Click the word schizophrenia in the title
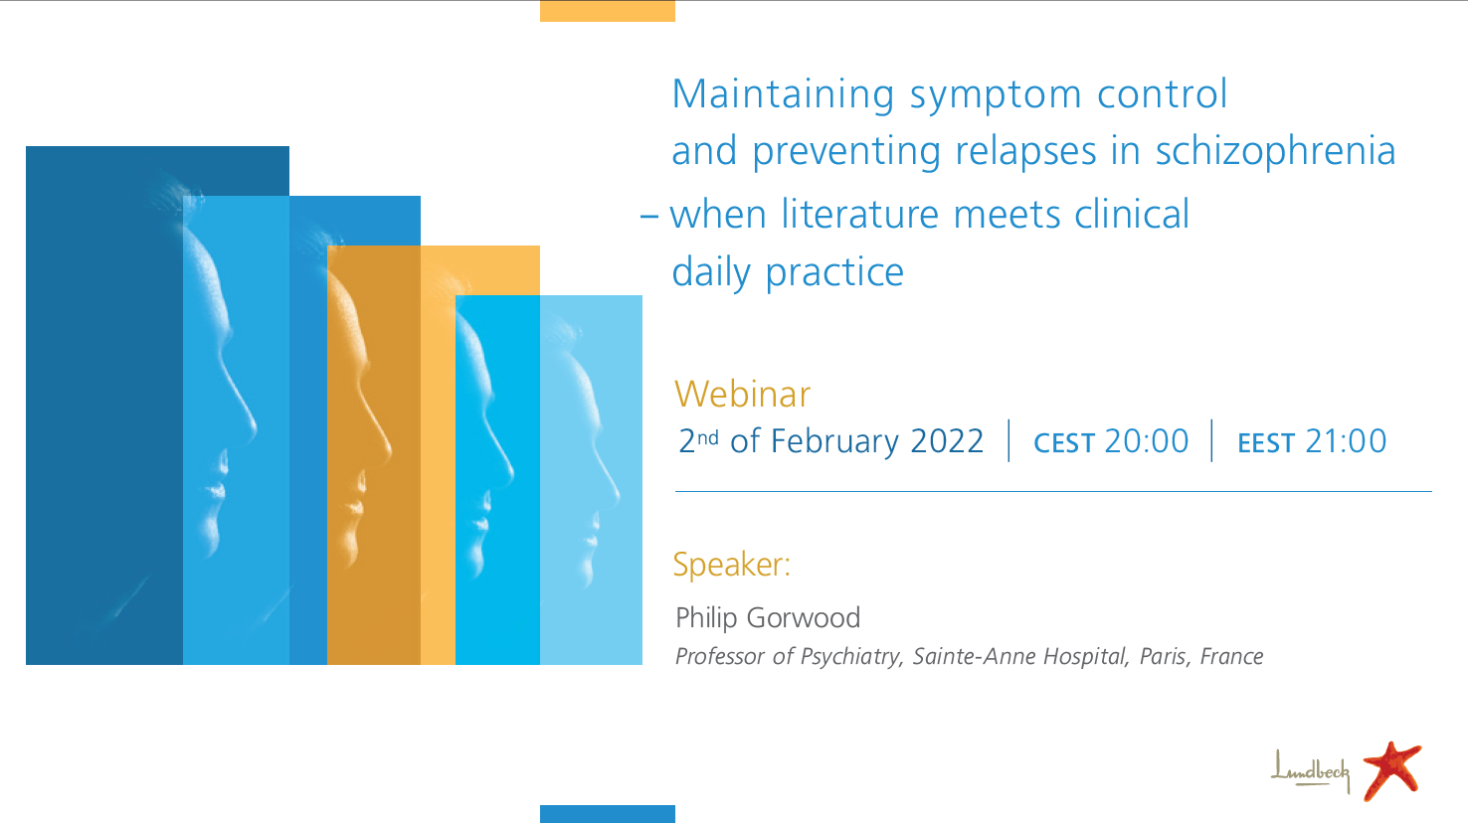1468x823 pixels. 1275,152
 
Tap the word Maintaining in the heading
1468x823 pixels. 783,94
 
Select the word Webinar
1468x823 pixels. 743,395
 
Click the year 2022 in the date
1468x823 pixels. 947,440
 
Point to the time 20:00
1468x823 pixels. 1146,440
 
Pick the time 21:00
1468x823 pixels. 1346,440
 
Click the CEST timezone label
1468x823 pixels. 1064,443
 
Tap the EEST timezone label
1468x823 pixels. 1266,443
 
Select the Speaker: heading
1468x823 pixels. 732,565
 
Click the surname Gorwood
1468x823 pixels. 804,617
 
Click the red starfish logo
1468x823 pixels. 1392,770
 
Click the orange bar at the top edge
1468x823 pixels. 608,11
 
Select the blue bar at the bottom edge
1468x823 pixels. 608,814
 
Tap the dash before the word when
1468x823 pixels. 648,217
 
